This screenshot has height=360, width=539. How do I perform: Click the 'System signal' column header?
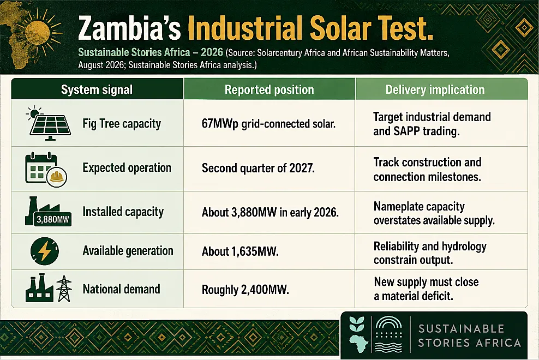(x=97, y=90)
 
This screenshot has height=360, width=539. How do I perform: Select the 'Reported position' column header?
(x=269, y=90)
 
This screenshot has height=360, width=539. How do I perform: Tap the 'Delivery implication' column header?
(x=435, y=90)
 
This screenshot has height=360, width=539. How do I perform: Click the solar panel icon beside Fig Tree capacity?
(x=49, y=123)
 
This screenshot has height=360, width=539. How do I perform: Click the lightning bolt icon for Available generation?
(x=45, y=251)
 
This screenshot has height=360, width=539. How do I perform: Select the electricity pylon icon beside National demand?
(x=64, y=289)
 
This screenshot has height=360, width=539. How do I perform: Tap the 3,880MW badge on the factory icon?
(x=53, y=219)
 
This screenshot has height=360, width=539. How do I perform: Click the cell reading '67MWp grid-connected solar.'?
(x=268, y=124)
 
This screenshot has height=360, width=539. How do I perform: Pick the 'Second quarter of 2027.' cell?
(x=258, y=168)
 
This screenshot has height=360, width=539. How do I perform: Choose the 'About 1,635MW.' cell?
(x=240, y=251)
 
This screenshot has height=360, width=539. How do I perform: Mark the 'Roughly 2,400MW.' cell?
(x=245, y=290)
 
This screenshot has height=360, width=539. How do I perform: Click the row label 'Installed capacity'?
(x=123, y=212)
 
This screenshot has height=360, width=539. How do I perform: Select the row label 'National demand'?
(x=121, y=289)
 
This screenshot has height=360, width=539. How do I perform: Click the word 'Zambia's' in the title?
(x=130, y=28)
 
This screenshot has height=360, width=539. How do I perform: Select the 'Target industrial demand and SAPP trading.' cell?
(x=432, y=124)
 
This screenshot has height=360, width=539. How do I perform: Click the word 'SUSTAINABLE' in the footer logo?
(x=461, y=329)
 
